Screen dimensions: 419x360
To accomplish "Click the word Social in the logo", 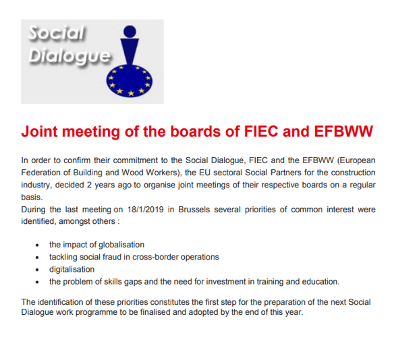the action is point(57,32).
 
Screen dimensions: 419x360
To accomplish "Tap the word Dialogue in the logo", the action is point(69,56).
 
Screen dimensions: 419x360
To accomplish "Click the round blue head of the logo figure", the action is point(130,31).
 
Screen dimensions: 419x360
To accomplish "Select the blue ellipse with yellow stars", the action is point(130,81).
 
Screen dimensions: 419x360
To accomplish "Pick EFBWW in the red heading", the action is point(343,131).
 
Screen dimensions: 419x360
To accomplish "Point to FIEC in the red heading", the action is point(261,131).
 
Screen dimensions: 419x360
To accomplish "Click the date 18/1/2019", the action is point(145,210).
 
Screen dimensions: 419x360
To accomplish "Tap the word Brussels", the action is point(194,210).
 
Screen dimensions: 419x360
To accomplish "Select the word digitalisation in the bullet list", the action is point(72,269).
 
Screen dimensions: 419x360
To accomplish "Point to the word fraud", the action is point(112,257).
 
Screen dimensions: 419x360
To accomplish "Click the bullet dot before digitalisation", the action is point(37,270).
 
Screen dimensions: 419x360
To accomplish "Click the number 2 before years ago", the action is point(89,185).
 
